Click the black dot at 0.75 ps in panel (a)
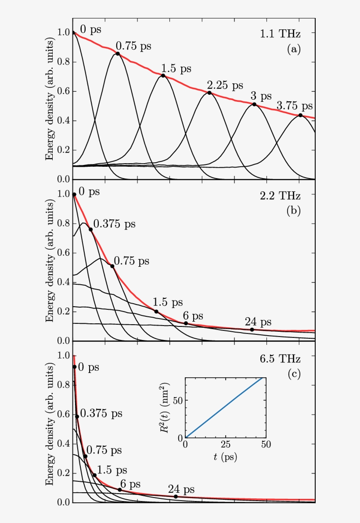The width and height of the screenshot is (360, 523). (x=117, y=54)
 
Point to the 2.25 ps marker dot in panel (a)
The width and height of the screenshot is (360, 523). (x=209, y=93)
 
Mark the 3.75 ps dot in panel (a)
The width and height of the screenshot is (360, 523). (x=300, y=115)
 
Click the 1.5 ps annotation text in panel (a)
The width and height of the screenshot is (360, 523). (x=176, y=68)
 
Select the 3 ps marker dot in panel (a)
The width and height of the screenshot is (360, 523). (x=254, y=104)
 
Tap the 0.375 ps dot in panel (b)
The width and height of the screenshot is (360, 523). (x=91, y=229)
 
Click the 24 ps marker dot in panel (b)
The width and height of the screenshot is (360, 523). (x=252, y=330)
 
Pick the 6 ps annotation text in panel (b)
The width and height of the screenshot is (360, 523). (x=191, y=316)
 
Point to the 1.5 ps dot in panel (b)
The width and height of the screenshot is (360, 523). (x=156, y=312)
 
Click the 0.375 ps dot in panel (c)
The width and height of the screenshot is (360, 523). (x=77, y=417)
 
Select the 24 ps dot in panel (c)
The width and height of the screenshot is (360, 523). (x=176, y=497)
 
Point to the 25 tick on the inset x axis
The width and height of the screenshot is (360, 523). (x=226, y=444)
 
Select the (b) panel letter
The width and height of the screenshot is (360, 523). (x=293, y=211)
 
